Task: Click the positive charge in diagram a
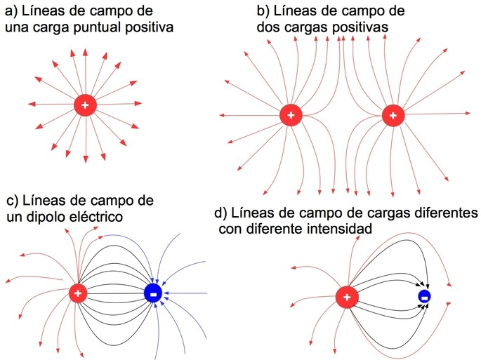(x=85, y=105)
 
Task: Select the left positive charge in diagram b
(x=291, y=115)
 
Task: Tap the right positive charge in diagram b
(x=393, y=115)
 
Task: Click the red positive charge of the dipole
(x=78, y=293)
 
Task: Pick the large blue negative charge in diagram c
(x=152, y=293)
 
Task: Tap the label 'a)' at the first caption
(x=13, y=10)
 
